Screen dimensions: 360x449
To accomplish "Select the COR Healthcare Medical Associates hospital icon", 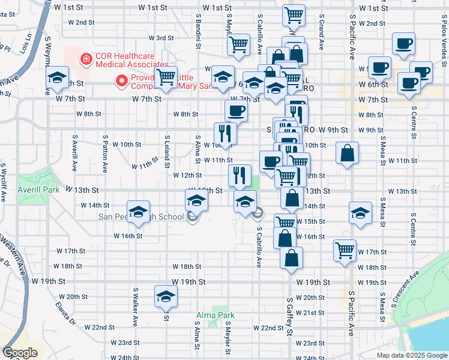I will (x=87, y=58).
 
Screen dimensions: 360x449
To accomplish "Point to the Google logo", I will (x=20, y=353).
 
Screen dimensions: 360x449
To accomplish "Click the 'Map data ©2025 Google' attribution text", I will (x=412, y=355).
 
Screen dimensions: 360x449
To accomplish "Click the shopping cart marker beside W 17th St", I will (x=345, y=250).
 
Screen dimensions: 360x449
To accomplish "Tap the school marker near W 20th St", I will (x=166, y=296).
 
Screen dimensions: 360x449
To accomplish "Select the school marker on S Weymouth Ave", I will (x=57, y=77).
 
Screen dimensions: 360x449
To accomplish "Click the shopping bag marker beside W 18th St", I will (x=291, y=258).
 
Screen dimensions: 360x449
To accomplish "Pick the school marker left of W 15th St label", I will (x=360, y=214).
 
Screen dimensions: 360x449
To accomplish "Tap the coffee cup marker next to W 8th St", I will (x=236, y=110).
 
